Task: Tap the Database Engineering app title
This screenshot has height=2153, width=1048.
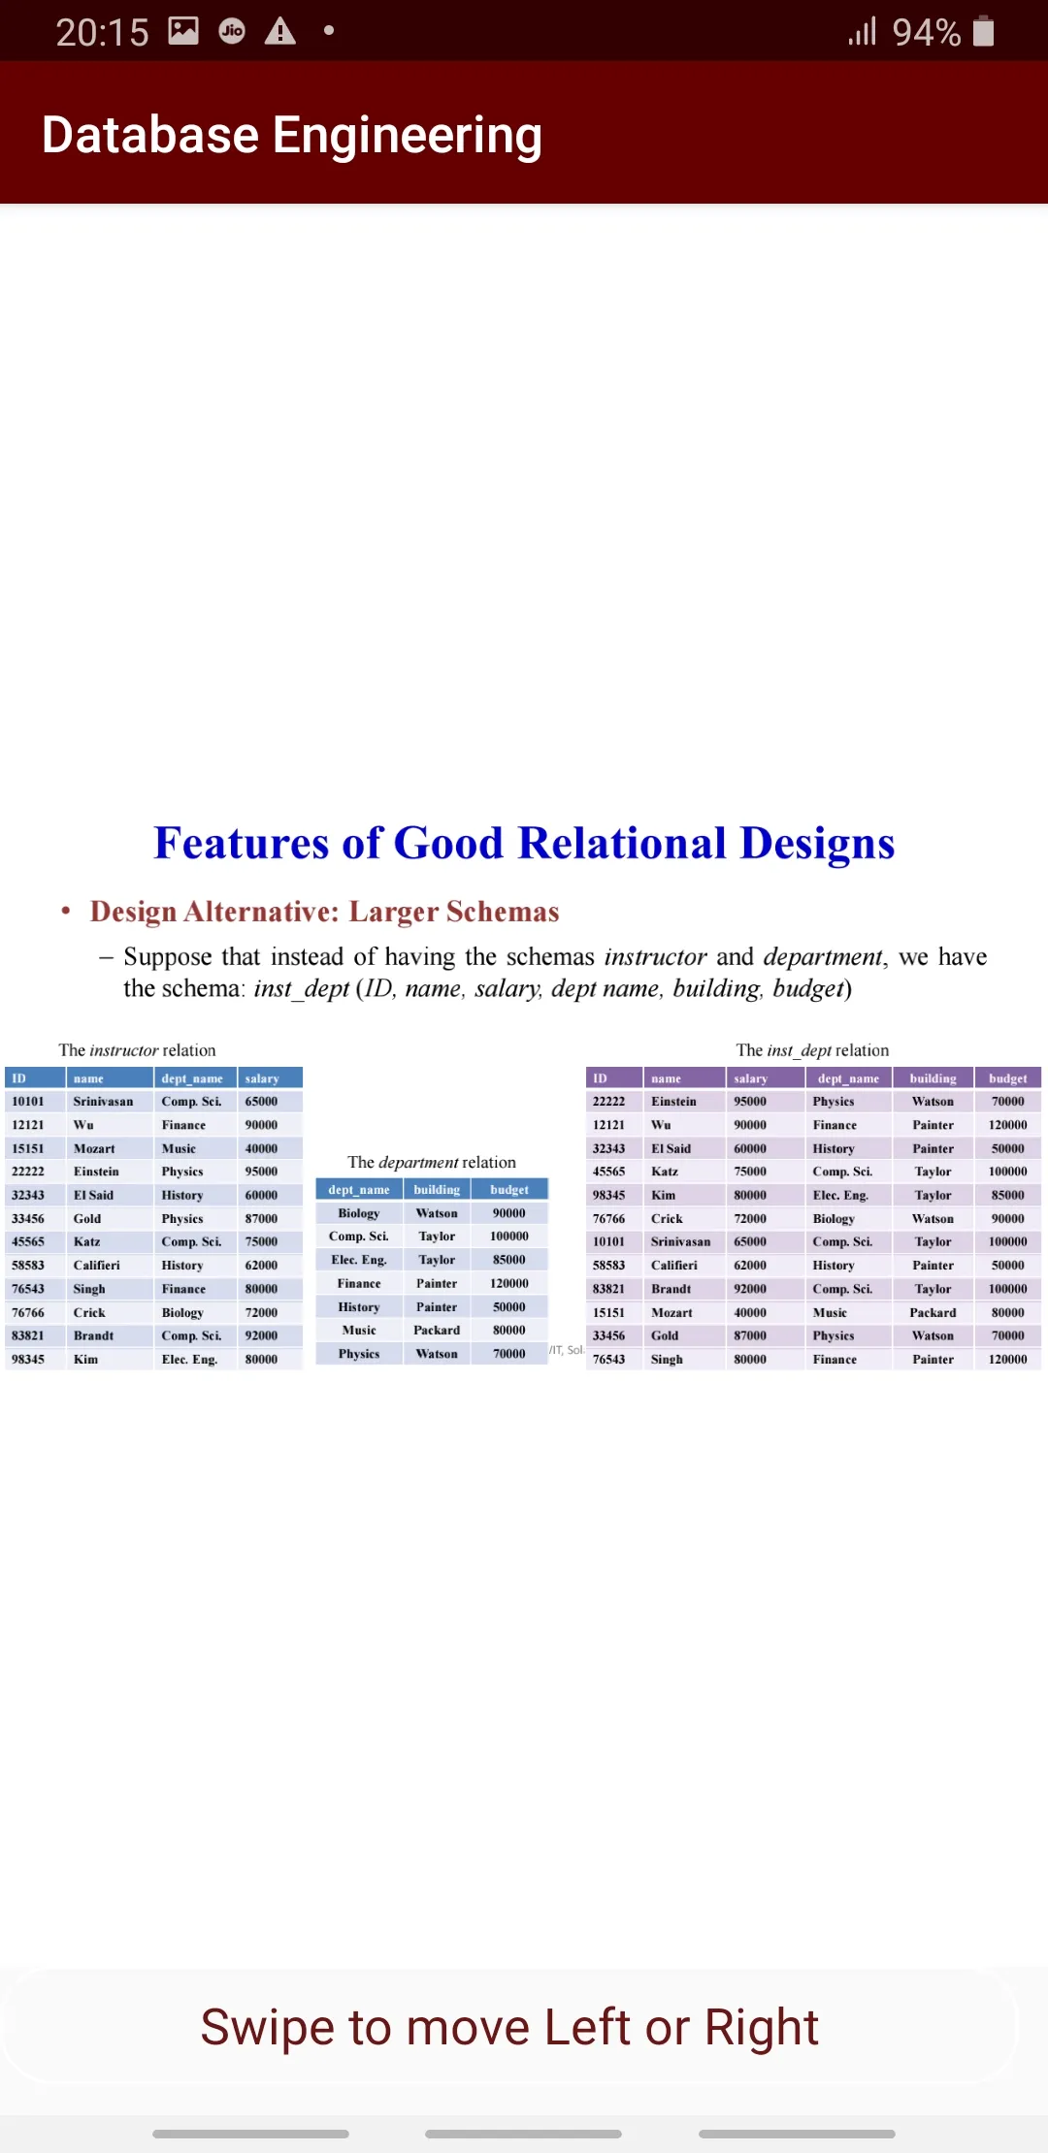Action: coord(292,135)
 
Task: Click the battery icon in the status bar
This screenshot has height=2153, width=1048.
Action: coord(983,31)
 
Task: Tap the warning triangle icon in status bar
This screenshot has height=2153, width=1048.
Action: coord(280,31)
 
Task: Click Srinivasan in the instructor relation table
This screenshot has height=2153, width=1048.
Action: coord(103,1102)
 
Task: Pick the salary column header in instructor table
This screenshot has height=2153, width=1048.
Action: coord(262,1078)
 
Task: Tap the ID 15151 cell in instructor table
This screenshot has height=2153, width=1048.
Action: coord(28,1148)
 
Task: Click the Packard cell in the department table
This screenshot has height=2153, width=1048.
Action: coord(437,1331)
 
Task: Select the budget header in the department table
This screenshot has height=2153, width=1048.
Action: coord(509,1189)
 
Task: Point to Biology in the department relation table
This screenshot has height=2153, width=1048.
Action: coord(359,1213)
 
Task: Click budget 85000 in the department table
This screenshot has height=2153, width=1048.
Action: coord(509,1260)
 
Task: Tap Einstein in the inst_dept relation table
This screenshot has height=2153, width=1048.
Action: coord(673,1102)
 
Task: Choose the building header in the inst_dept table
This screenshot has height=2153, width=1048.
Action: coord(933,1078)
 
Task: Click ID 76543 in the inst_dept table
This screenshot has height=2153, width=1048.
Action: coord(609,1360)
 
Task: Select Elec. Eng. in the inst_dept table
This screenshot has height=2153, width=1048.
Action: coord(840,1196)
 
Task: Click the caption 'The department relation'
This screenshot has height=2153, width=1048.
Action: coord(432,1162)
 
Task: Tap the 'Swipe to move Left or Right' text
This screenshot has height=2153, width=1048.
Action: coord(509,2027)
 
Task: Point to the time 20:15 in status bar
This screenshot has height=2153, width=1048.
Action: coord(102,32)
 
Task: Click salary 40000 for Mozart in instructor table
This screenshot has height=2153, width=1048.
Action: coord(262,1148)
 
